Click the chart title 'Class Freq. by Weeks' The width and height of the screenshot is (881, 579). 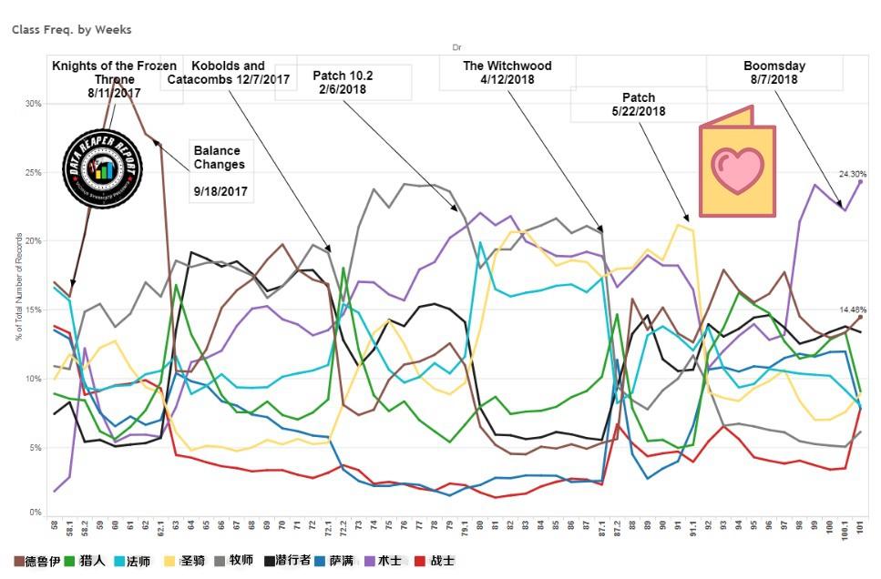tap(71, 29)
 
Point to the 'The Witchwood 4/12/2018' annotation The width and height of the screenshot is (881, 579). tap(507, 73)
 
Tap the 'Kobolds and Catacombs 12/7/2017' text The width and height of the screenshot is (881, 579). tap(228, 73)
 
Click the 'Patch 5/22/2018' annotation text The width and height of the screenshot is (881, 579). tap(638, 105)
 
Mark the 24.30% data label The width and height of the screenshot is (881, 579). tap(852, 173)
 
